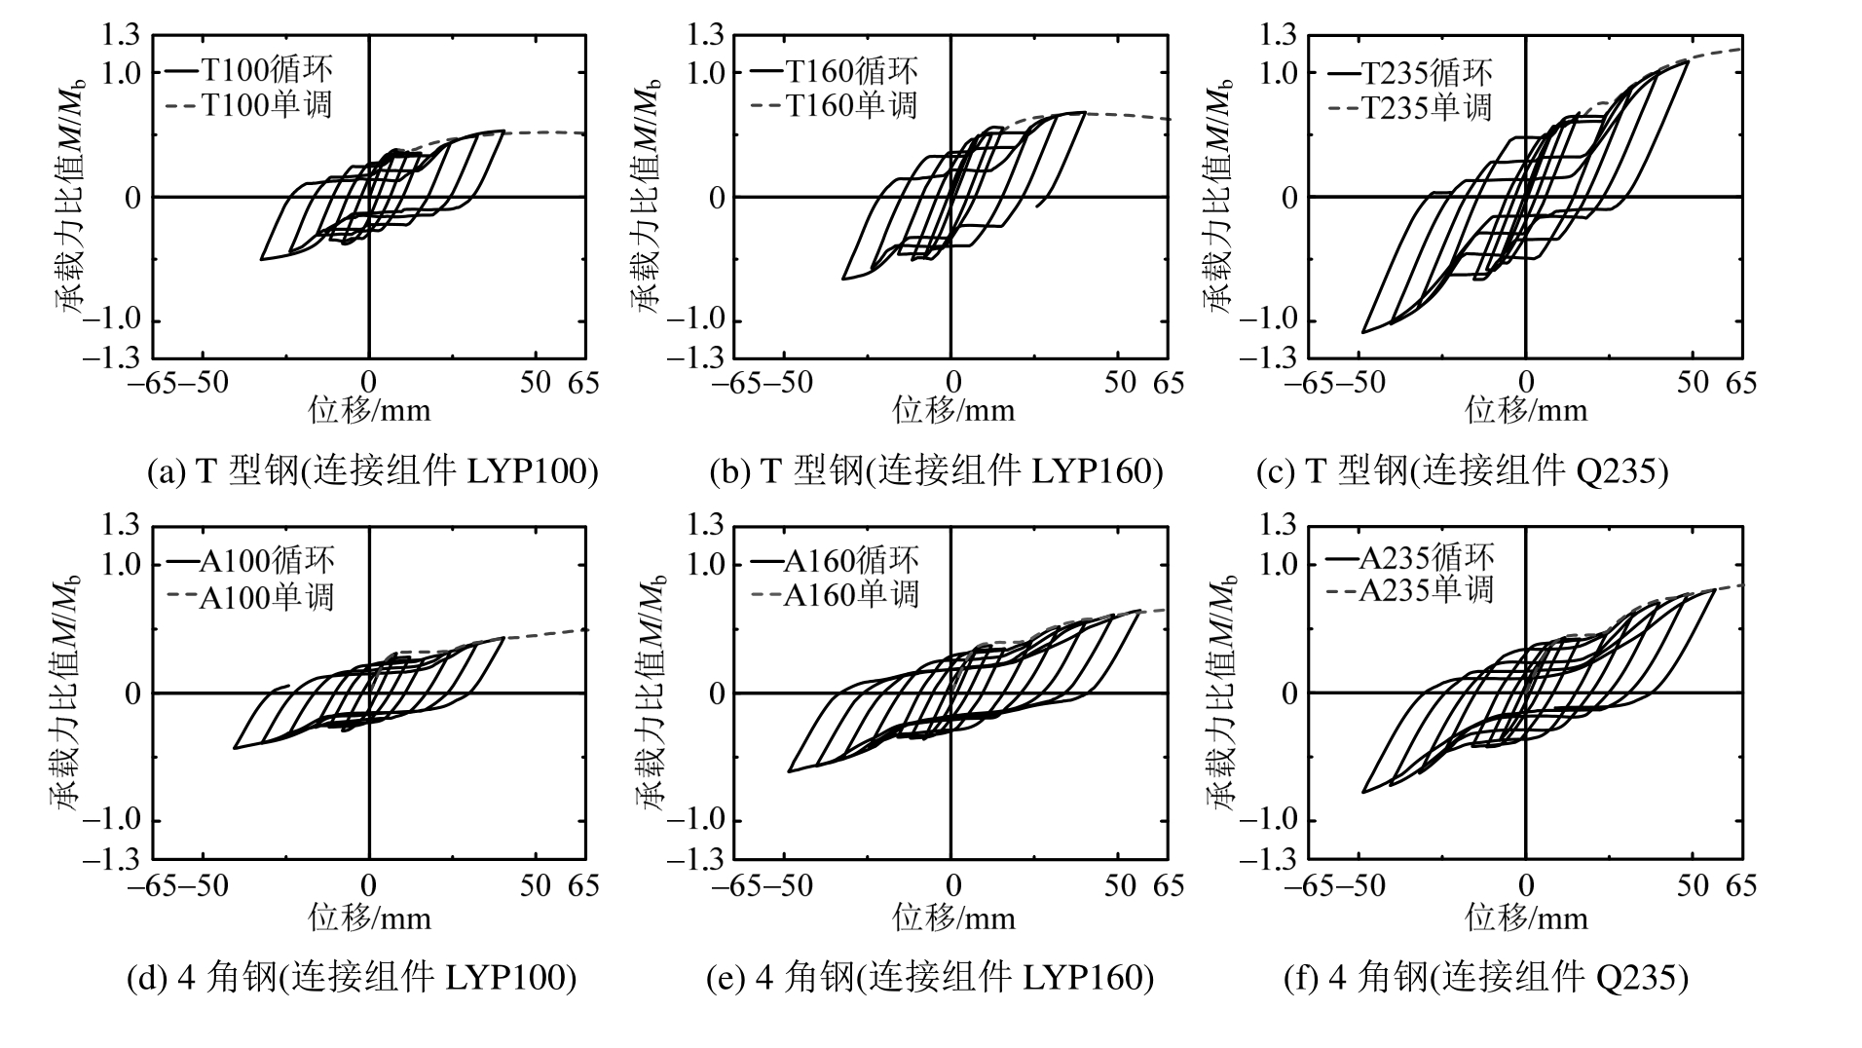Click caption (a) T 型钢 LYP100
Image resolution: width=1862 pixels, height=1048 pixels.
pos(372,472)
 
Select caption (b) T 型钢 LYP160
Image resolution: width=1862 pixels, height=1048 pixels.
pos(936,472)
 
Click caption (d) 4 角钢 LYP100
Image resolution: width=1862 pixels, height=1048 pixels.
pos(352,977)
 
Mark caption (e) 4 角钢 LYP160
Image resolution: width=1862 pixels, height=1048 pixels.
pos(929,977)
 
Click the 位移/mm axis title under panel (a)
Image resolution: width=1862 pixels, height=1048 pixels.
pos(369,410)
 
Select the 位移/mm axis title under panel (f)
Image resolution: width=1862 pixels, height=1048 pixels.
pos(1526,917)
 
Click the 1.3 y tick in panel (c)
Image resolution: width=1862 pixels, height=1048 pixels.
pos(1278,37)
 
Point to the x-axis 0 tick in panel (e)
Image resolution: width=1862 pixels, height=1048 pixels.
pos(952,885)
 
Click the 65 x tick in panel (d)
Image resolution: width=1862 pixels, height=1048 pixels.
pos(583,885)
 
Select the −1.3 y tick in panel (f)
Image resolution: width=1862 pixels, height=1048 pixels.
pos(1268,860)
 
